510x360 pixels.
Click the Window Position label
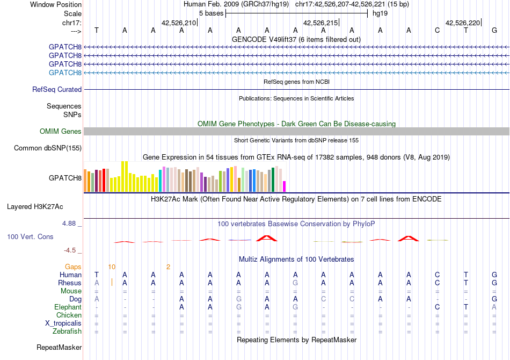click(56, 4)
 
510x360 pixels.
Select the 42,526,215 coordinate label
click(320, 23)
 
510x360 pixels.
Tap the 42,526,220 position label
click(463, 23)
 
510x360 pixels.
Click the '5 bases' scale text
click(211, 13)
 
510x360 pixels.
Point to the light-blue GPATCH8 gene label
click(65, 73)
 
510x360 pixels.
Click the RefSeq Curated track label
click(57, 90)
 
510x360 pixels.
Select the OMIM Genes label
click(61, 131)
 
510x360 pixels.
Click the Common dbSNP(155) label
click(48, 148)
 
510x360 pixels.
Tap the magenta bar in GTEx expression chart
click(285, 186)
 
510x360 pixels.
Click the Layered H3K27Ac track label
click(35, 207)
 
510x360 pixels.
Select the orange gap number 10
click(112, 267)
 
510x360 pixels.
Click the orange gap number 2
click(168, 267)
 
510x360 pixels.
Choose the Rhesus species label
click(70, 283)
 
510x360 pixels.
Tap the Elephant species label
click(68, 307)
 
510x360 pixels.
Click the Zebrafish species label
click(67, 332)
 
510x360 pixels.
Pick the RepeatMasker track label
click(59, 347)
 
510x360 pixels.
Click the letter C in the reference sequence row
click(437, 31)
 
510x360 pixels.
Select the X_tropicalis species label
click(63, 323)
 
